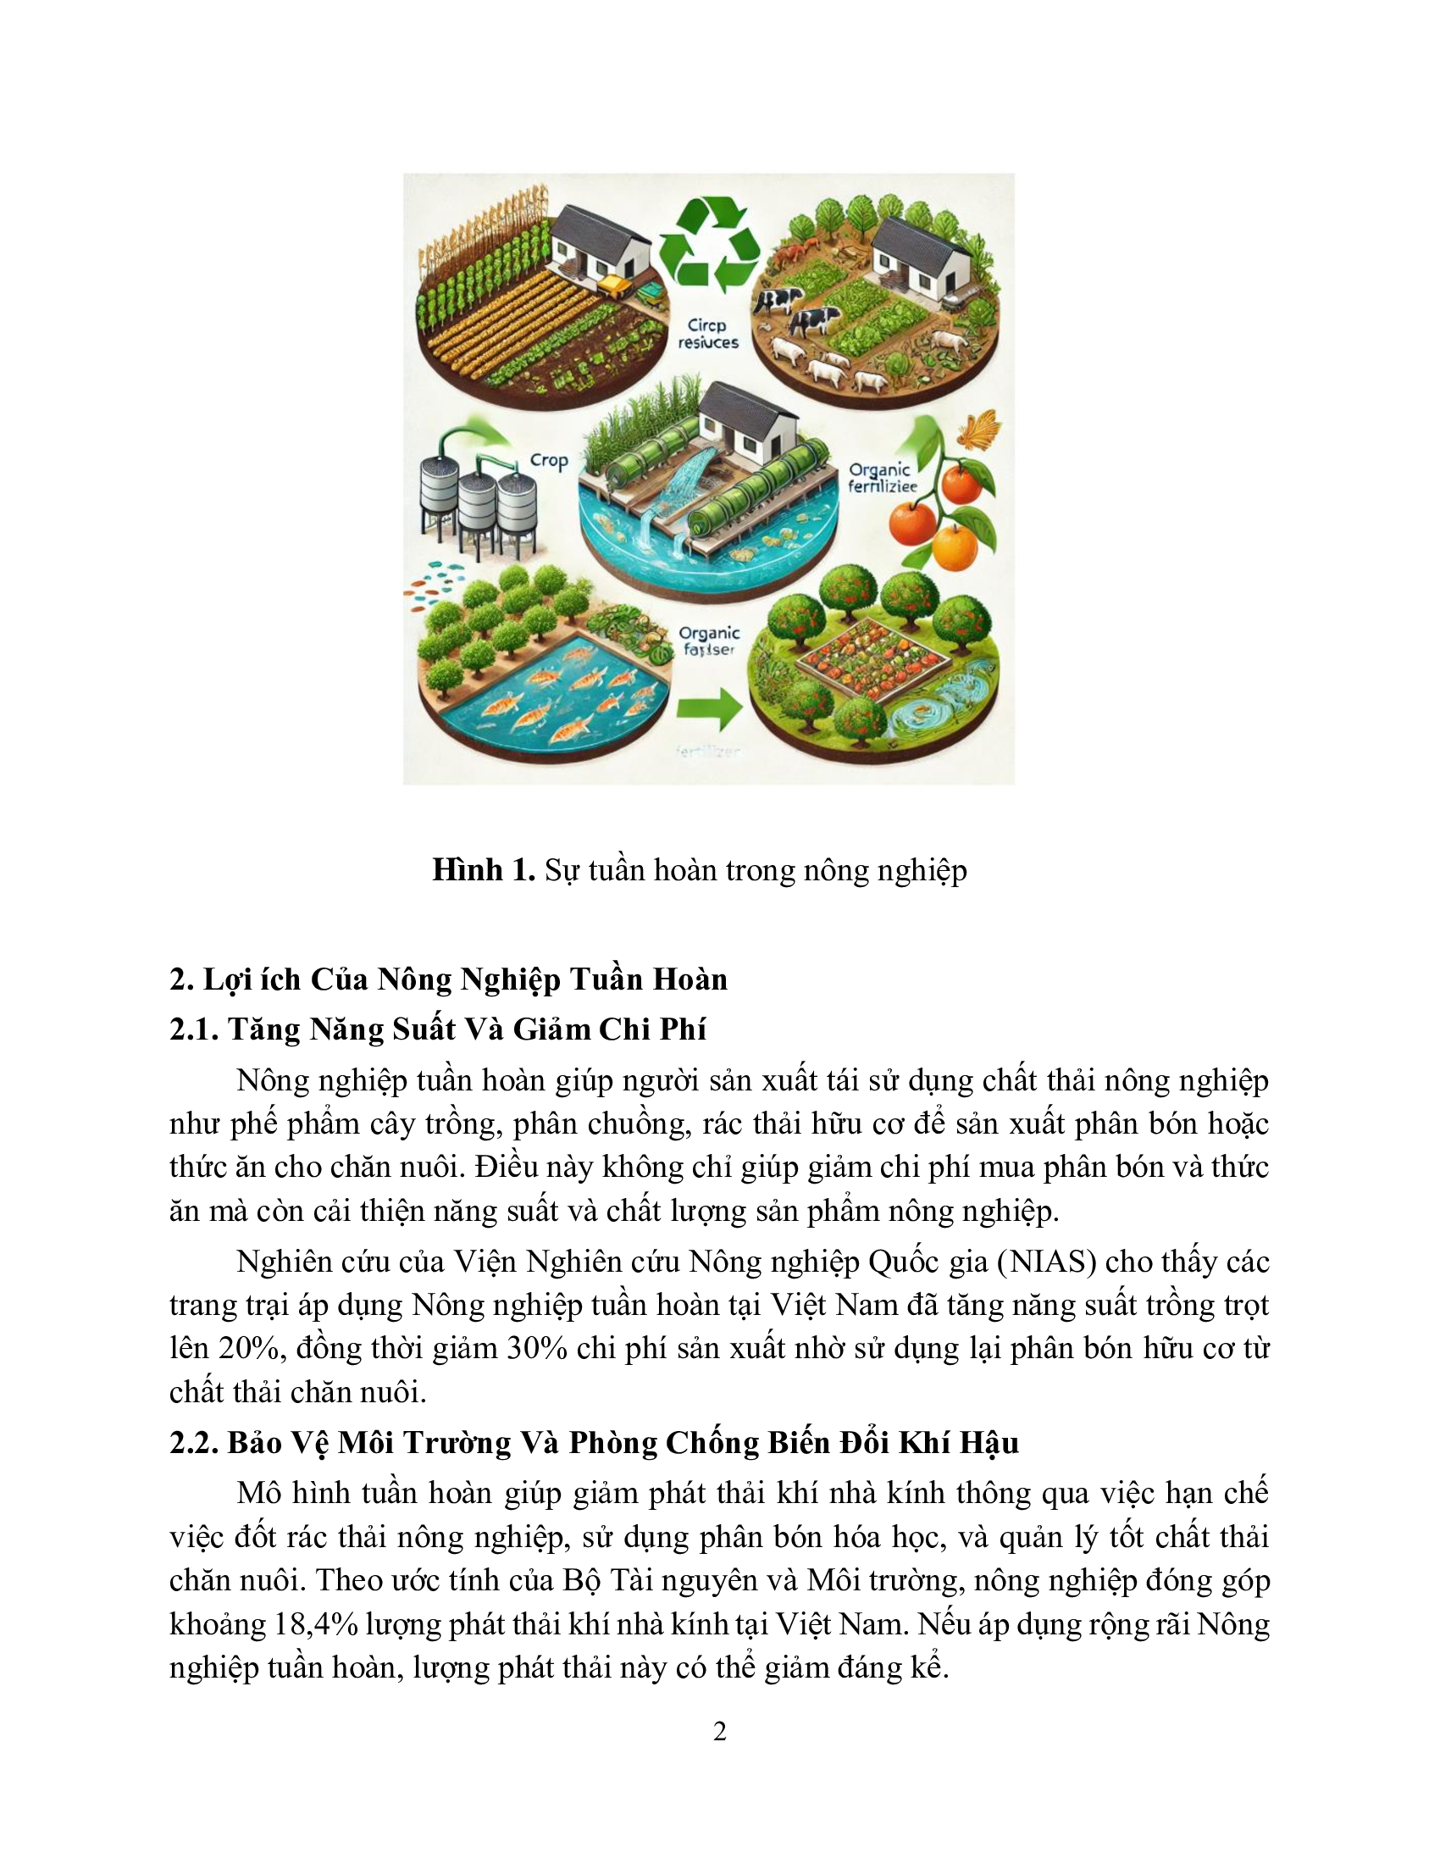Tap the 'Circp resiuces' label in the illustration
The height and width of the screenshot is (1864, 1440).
click(x=707, y=334)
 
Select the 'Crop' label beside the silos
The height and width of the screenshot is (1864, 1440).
click(x=549, y=461)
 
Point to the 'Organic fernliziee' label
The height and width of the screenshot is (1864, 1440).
click(x=881, y=478)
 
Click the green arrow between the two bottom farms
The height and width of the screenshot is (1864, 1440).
click(x=708, y=708)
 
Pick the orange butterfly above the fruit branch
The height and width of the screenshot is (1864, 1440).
click(x=980, y=429)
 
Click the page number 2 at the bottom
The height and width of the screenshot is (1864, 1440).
click(x=719, y=1731)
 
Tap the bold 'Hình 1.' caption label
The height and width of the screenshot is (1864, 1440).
click(x=483, y=869)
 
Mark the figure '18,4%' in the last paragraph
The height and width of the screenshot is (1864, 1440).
click(x=315, y=1623)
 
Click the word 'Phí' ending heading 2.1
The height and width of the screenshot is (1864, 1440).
click(x=683, y=1029)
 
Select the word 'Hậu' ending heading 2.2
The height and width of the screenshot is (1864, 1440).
click(x=989, y=1442)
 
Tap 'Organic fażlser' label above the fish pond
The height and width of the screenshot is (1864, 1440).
click(x=708, y=641)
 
